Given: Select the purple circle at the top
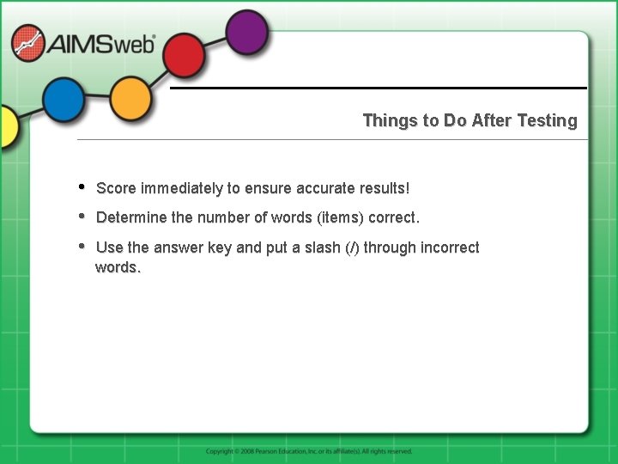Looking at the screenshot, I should (x=247, y=33).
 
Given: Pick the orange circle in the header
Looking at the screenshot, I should (x=130, y=99).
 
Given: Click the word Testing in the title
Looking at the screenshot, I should (x=547, y=120).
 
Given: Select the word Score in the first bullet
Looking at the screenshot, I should (x=116, y=188).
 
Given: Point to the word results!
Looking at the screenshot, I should (x=385, y=188).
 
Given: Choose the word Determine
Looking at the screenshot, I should (x=132, y=217).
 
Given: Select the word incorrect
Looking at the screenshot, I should (x=450, y=247).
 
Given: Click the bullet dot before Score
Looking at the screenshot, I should (x=81, y=186).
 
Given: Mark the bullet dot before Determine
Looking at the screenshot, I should (x=81, y=216).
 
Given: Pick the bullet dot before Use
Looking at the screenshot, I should (x=81, y=246).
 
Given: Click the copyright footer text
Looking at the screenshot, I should (x=309, y=451).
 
